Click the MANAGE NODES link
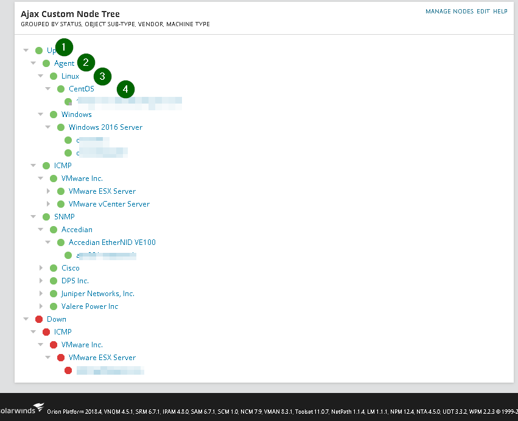(x=449, y=12)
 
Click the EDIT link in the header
(x=483, y=12)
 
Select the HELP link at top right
(x=500, y=12)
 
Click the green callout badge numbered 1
(x=64, y=47)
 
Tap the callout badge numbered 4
(x=125, y=89)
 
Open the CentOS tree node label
(x=81, y=89)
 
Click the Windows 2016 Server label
(x=105, y=127)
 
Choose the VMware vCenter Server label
(x=109, y=204)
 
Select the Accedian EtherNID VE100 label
(x=112, y=242)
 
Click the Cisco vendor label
(x=70, y=268)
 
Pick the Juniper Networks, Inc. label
(x=97, y=294)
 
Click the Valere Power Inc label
(x=89, y=306)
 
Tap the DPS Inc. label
(x=75, y=281)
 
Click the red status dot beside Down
(x=39, y=319)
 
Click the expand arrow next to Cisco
(x=41, y=268)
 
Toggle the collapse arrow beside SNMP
(x=33, y=217)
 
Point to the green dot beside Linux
(x=54, y=76)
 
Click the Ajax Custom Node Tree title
(x=70, y=13)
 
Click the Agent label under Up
(x=64, y=63)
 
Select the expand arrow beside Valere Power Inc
(x=41, y=306)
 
